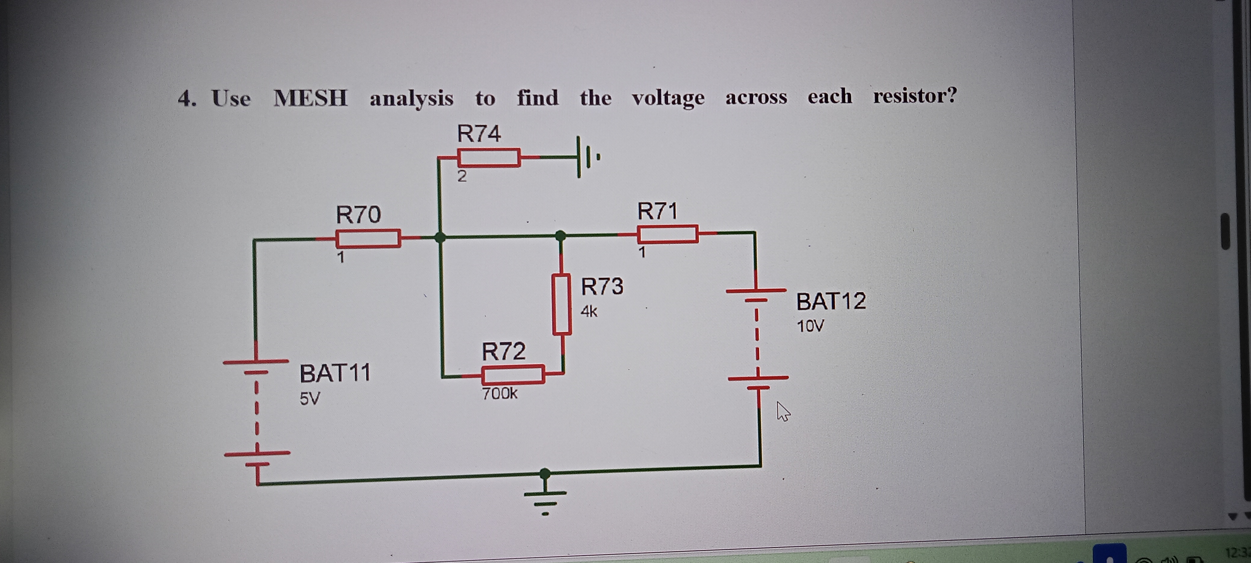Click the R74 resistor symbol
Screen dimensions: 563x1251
tap(488, 158)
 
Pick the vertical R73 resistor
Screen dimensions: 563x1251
tap(561, 304)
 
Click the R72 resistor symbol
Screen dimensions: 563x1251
tap(512, 374)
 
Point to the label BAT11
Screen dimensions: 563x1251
tap(335, 373)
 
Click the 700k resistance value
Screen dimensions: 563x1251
tap(499, 393)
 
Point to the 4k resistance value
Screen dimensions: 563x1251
tap(589, 311)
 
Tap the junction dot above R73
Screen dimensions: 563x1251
tap(561, 235)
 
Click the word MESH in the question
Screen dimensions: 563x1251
tap(310, 98)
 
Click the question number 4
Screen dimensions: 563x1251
tap(186, 99)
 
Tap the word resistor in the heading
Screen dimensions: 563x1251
tap(914, 96)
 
